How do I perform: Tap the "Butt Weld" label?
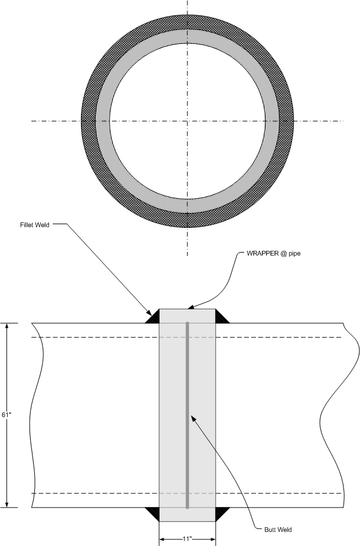point(278,529)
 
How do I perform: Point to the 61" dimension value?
point(6,415)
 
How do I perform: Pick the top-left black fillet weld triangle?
point(153,318)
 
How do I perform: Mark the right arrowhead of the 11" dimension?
point(212,539)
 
